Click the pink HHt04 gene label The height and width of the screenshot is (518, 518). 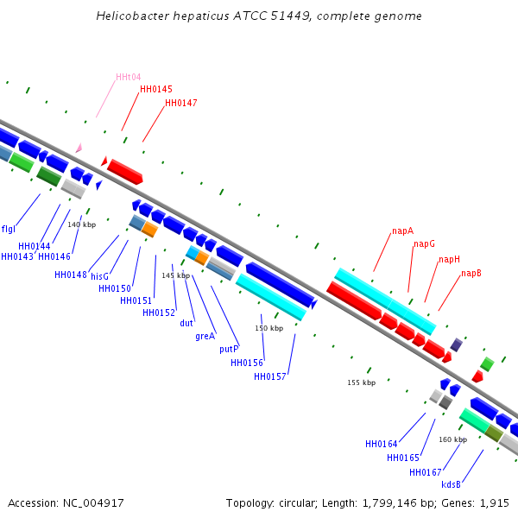(129, 78)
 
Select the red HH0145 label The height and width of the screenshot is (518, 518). (156, 90)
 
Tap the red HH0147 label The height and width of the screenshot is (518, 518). (181, 104)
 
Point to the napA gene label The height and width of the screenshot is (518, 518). (402, 231)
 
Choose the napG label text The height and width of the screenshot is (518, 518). (424, 244)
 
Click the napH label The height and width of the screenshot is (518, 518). (449, 260)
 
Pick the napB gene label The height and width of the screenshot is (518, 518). (471, 274)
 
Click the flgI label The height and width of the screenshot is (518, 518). (9, 230)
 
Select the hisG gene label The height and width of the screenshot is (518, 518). (99, 277)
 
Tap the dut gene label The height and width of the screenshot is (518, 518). (186, 324)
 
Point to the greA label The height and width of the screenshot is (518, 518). (205, 337)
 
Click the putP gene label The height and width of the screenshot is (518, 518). (229, 350)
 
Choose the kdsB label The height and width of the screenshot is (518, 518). (451, 485)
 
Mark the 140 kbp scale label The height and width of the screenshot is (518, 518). (82, 225)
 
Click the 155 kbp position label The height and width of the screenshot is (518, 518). (362, 382)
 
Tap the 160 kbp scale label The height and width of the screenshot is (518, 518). (452, 440)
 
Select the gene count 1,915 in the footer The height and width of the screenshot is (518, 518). (494, 503)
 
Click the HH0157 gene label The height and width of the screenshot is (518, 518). (270, 377)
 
